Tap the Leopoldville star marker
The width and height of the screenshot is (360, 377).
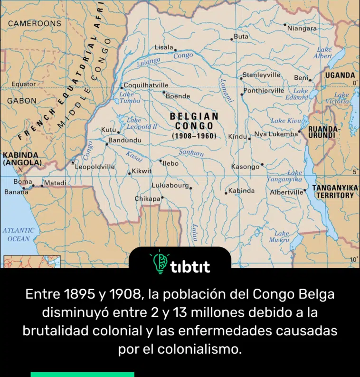[73, 162]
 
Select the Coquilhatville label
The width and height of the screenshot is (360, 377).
[146, 85]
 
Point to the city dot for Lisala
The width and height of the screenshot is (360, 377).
[175, 49]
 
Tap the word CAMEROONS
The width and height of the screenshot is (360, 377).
[35, 23]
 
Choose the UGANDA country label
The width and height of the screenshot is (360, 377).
[340, 75]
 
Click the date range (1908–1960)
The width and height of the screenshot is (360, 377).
[194, 136]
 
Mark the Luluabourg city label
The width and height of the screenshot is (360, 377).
[170, 185]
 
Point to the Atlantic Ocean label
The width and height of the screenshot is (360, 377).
[19, 235]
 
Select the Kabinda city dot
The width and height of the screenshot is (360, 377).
[226, 193]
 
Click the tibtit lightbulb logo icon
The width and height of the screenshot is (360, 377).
[158, 263]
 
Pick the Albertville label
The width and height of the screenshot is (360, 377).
[286, 192]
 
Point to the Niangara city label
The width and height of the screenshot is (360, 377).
[302, 28]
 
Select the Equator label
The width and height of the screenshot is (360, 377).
[23, 84]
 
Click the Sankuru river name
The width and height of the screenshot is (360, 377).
[191, 153]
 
